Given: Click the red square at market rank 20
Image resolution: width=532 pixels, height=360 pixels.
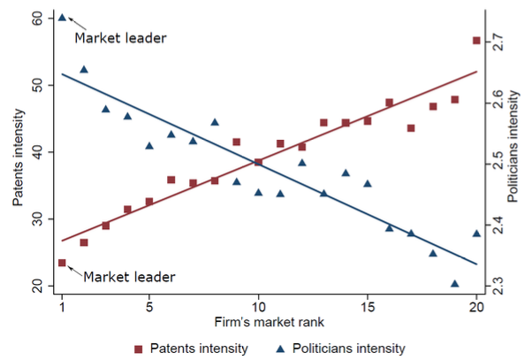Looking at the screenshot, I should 476,41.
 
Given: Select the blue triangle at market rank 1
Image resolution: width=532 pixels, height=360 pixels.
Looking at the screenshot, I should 62,17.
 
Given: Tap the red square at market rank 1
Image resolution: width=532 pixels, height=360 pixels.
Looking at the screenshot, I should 62,263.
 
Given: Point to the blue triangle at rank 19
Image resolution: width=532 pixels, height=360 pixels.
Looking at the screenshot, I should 455,284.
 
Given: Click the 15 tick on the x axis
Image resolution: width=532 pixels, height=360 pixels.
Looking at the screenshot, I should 367,309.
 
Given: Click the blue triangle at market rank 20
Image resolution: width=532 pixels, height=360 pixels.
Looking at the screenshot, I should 476,234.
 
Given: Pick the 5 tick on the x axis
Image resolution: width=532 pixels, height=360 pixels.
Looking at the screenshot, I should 148,309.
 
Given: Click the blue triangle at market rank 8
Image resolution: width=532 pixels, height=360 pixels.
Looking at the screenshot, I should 215,122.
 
